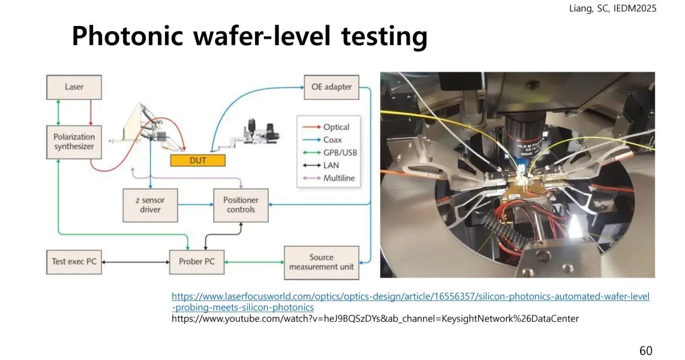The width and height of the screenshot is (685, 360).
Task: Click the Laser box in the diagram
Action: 74,87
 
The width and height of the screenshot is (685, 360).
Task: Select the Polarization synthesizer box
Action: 74,141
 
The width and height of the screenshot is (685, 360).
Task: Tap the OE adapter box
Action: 331,87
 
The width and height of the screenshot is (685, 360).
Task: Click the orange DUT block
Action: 197,160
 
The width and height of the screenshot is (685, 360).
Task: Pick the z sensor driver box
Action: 150,205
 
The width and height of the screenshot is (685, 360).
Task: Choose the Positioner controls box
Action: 240,205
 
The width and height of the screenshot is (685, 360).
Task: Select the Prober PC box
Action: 197,261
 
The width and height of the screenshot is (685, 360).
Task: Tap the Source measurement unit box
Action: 321,262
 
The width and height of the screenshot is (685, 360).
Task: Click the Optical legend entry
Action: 336,127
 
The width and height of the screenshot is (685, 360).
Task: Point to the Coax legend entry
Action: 332,140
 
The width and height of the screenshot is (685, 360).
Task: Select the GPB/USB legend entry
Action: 340,153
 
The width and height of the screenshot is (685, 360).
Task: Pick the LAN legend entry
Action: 331,165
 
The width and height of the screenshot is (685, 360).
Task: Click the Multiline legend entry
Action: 339,179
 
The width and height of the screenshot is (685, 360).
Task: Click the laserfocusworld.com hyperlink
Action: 410,297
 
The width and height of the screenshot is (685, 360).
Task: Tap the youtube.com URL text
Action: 375,319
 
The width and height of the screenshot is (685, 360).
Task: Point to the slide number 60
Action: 645,350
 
